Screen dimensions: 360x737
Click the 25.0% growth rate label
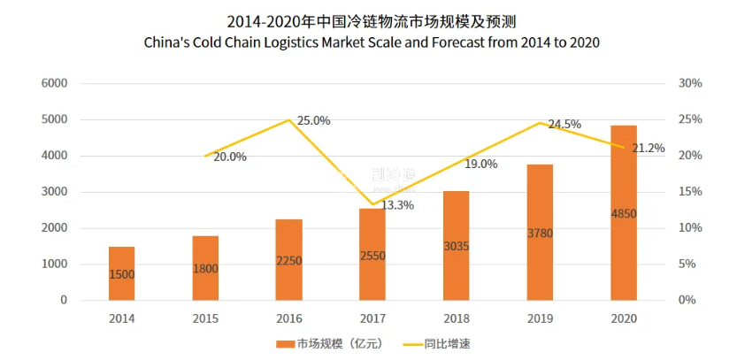coord(313,120)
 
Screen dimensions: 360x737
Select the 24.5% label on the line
coord(564,125)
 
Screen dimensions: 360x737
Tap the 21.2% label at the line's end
coord(649,149)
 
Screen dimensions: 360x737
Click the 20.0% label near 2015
coord(230,157)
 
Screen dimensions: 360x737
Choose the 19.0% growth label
coord(481,165)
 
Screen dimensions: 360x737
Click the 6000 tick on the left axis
coord(55,83)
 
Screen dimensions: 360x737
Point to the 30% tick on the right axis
coord(690,83)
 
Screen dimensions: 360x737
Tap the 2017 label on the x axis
coord(372,318)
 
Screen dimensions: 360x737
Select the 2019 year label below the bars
coord(540,318)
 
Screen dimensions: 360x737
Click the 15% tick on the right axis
coord(690,192)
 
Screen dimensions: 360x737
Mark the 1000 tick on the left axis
coord(55,264)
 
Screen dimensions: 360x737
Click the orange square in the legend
coord(284,342)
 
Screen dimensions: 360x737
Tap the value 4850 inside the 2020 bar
coord(623,213)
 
